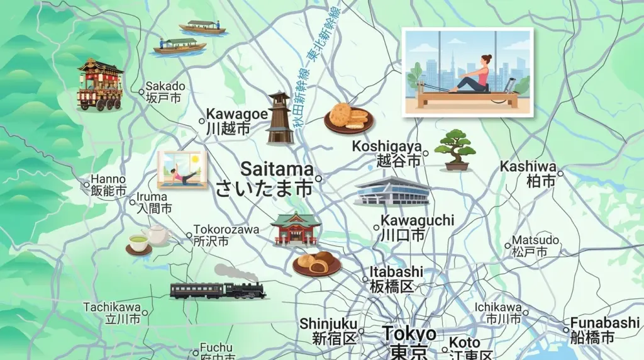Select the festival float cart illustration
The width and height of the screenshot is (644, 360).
coord(99,84)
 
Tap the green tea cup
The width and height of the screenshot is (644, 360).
coord(138,243)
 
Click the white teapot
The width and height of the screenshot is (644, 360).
coord(157,234)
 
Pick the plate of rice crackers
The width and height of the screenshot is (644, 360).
coord(348,118)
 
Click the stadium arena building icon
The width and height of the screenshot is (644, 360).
coord(391,191)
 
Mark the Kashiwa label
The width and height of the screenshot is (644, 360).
coord(528,173)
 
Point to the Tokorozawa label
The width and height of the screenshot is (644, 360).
coord(226,235)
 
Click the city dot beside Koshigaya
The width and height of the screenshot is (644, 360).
coord(426,153)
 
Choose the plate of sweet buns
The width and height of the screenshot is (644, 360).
coord(316,263)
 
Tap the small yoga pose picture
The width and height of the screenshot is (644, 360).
coord(182,169)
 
